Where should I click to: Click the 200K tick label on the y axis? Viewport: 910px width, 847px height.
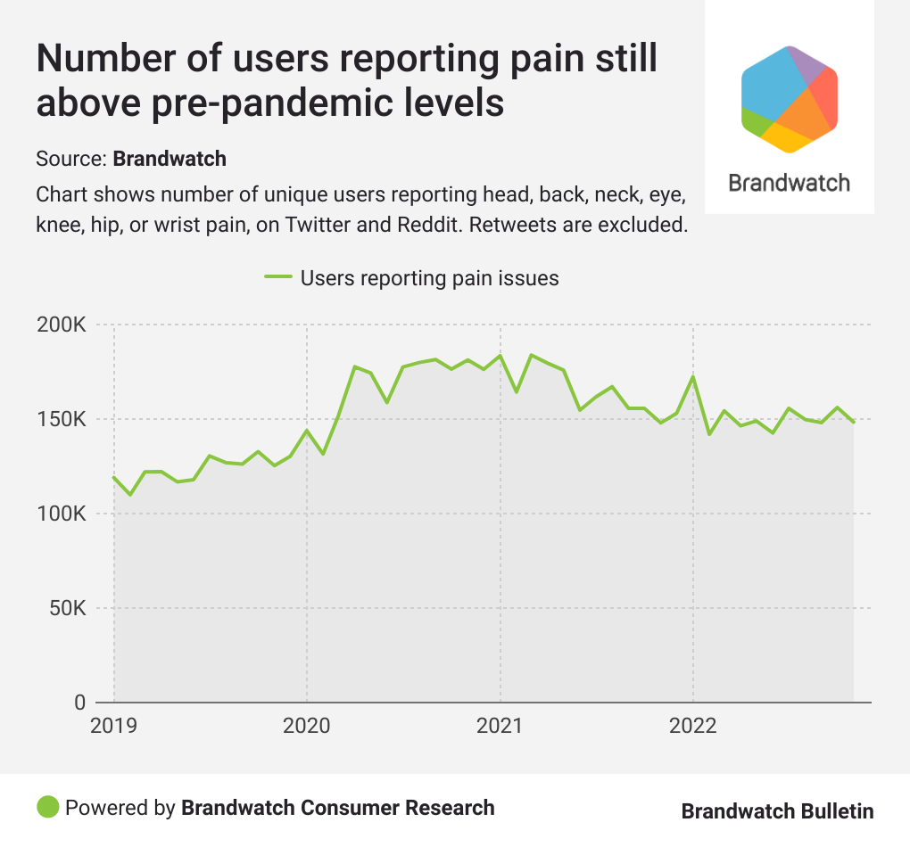pos(61,325)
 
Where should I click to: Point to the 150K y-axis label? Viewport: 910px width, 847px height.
pos(61,420)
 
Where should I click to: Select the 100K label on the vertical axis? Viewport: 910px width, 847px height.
pos(61,514)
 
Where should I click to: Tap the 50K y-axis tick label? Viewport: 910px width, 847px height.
pos(66,609)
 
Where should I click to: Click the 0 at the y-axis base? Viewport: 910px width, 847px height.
pos(79,703)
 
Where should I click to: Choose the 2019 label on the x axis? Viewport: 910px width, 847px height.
pos(114,725)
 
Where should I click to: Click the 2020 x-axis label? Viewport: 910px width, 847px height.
pos(307,725)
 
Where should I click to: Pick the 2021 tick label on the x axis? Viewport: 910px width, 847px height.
pos(500,725)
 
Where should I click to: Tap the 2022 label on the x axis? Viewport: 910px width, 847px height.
pos(693,725)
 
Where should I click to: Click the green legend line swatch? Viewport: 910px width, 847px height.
pos(278,278)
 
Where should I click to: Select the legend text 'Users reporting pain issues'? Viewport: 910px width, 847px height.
pos(430,278)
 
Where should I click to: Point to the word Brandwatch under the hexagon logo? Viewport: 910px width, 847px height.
pos(790,183)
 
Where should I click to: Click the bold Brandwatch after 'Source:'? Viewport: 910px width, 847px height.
pos(170,160)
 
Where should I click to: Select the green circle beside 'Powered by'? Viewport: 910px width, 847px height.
pos(47,808)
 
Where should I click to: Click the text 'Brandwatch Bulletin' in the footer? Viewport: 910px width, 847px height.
pos(777,810)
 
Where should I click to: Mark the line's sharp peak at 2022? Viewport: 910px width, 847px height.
pos(693,376)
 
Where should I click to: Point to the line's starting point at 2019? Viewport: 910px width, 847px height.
pos(114,477)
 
